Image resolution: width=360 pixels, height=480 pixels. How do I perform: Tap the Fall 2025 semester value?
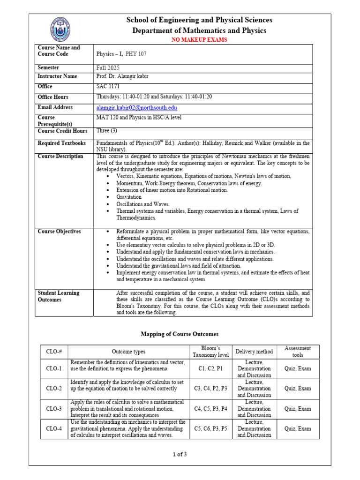pos(108,67)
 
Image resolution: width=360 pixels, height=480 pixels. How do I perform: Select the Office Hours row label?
pos(53,97)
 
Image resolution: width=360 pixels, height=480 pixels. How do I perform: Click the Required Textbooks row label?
pos(61,143)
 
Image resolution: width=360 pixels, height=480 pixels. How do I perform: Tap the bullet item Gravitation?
pos(129,197)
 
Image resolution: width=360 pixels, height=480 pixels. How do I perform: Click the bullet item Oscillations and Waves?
pos(143,204)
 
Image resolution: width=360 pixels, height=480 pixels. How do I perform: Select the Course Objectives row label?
pos(59,232)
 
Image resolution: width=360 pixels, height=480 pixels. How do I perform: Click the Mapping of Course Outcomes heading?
pos(180,334)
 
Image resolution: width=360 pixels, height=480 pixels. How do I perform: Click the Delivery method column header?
pos(254,352)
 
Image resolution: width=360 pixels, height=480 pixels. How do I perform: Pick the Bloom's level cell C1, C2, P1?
pos(210,369)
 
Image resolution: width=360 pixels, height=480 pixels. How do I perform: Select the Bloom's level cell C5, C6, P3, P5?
pos(210,428)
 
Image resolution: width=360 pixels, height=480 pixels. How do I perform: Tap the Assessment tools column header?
pos(298,352)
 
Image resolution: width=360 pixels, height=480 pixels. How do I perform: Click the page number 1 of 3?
pos(180,454)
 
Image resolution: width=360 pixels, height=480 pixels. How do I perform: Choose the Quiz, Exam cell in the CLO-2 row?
pos(298,389)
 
